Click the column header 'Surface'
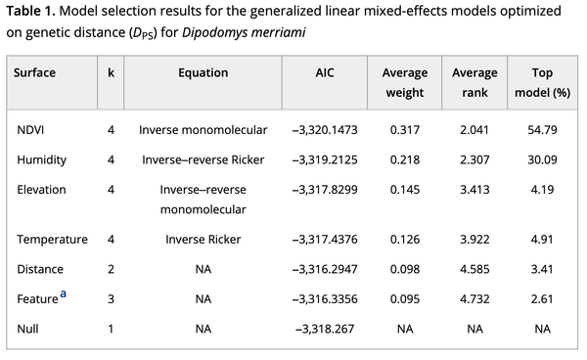point(36,72)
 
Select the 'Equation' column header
point(203,72)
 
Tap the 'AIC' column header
point(324,72)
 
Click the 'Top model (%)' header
point(541,82)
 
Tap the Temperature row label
point(52,239)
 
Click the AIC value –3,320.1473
point(324,129)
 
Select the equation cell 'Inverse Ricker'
point(203,239)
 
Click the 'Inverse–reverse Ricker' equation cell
point(203,158)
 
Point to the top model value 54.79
point(541,129)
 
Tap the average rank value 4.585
point(474,268)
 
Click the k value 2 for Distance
point(111,268)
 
